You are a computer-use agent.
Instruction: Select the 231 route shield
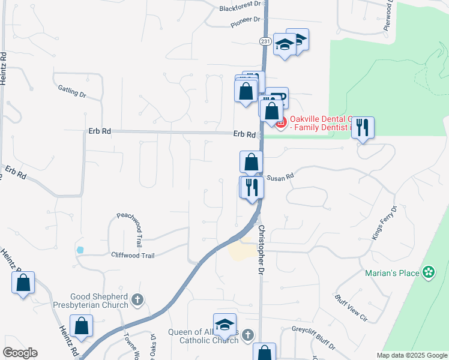pos(265,41)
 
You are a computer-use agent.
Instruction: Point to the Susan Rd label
pos(280,177)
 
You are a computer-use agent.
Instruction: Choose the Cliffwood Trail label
pos(133,255)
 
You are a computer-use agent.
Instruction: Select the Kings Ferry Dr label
pos(385,224)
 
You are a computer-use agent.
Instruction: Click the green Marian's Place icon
pos(428,272)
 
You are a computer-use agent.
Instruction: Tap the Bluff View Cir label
pos(351,307)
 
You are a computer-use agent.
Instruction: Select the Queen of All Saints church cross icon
pos(248,334)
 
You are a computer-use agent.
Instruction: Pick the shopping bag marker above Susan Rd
pos(251,161)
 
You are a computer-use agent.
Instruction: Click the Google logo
pos(20,353)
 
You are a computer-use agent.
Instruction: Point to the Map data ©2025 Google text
pos(412,355)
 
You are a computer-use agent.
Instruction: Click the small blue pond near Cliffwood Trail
pos(80,249)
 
